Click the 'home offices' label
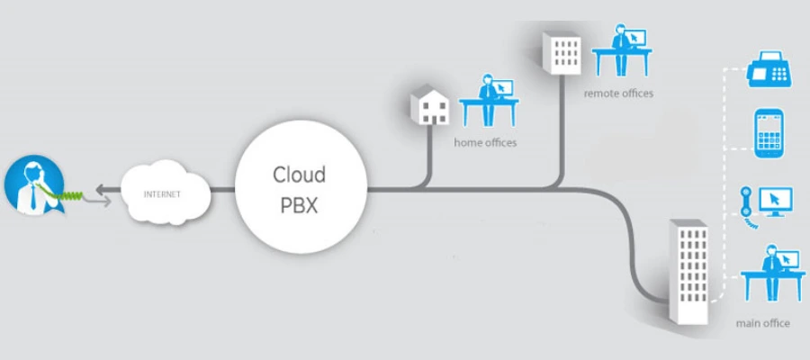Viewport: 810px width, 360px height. (x=486, y=142)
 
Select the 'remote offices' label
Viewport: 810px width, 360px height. (x=617, y=93)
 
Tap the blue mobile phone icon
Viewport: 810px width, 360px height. (x=769, y=132)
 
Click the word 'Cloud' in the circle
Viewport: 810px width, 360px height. (x=300, y=175)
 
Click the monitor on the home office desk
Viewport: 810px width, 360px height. (x=501, y=89)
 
